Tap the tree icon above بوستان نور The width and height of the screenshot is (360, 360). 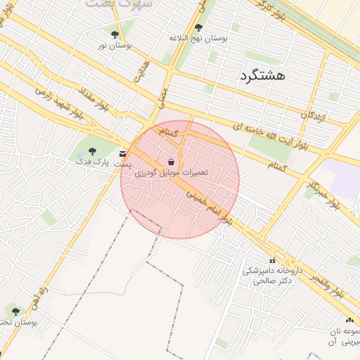pyautogui.click(x=115, y=34)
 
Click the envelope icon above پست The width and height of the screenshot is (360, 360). pyautogui.click(x=123, y=153)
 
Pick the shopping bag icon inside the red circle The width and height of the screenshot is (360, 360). pyautogui.click(x=172, y=162)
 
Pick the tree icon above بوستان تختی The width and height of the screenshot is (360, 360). pyautogui.click(x=15, y=311)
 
